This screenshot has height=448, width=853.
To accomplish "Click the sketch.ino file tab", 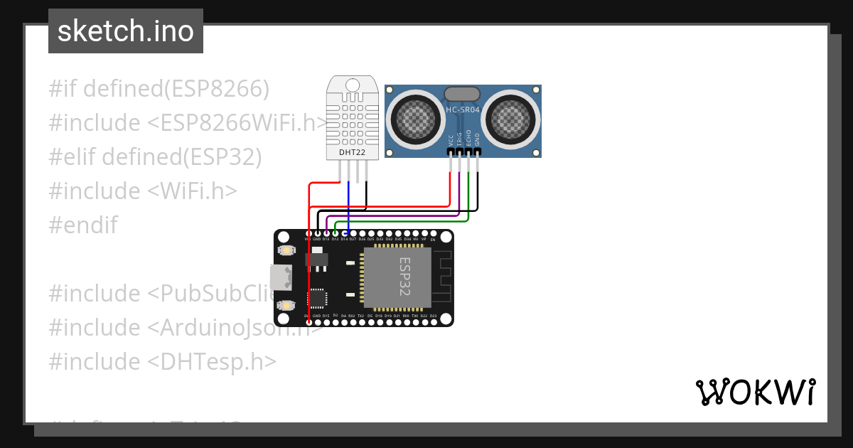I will click(x=126, y=31).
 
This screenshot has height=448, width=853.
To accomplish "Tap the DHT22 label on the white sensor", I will click(x=352, y=151).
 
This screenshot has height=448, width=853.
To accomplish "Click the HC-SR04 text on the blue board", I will click(x=463, y=110).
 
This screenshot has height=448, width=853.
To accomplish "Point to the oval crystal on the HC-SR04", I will click(x=463, y=94).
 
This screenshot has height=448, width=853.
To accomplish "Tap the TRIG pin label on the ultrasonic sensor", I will click(x=459, y=139).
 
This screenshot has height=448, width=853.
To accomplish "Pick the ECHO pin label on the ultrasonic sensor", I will click(x=468, y=139).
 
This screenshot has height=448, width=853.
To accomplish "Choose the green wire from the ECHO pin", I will click(x=405, y=221).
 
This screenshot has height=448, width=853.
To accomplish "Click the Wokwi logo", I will click(x=755, y=392).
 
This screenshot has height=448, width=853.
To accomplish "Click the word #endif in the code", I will click(x=83, y=225).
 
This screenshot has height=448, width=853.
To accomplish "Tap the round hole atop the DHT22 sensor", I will click(x=353, y=84).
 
